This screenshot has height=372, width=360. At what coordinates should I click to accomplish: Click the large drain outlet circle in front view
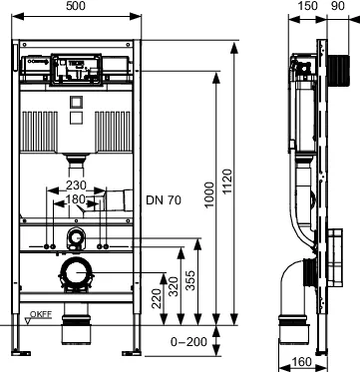pos(76,273)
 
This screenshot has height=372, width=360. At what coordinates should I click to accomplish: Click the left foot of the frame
pos(20,348)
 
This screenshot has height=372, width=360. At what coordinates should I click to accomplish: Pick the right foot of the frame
pos(131,348)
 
